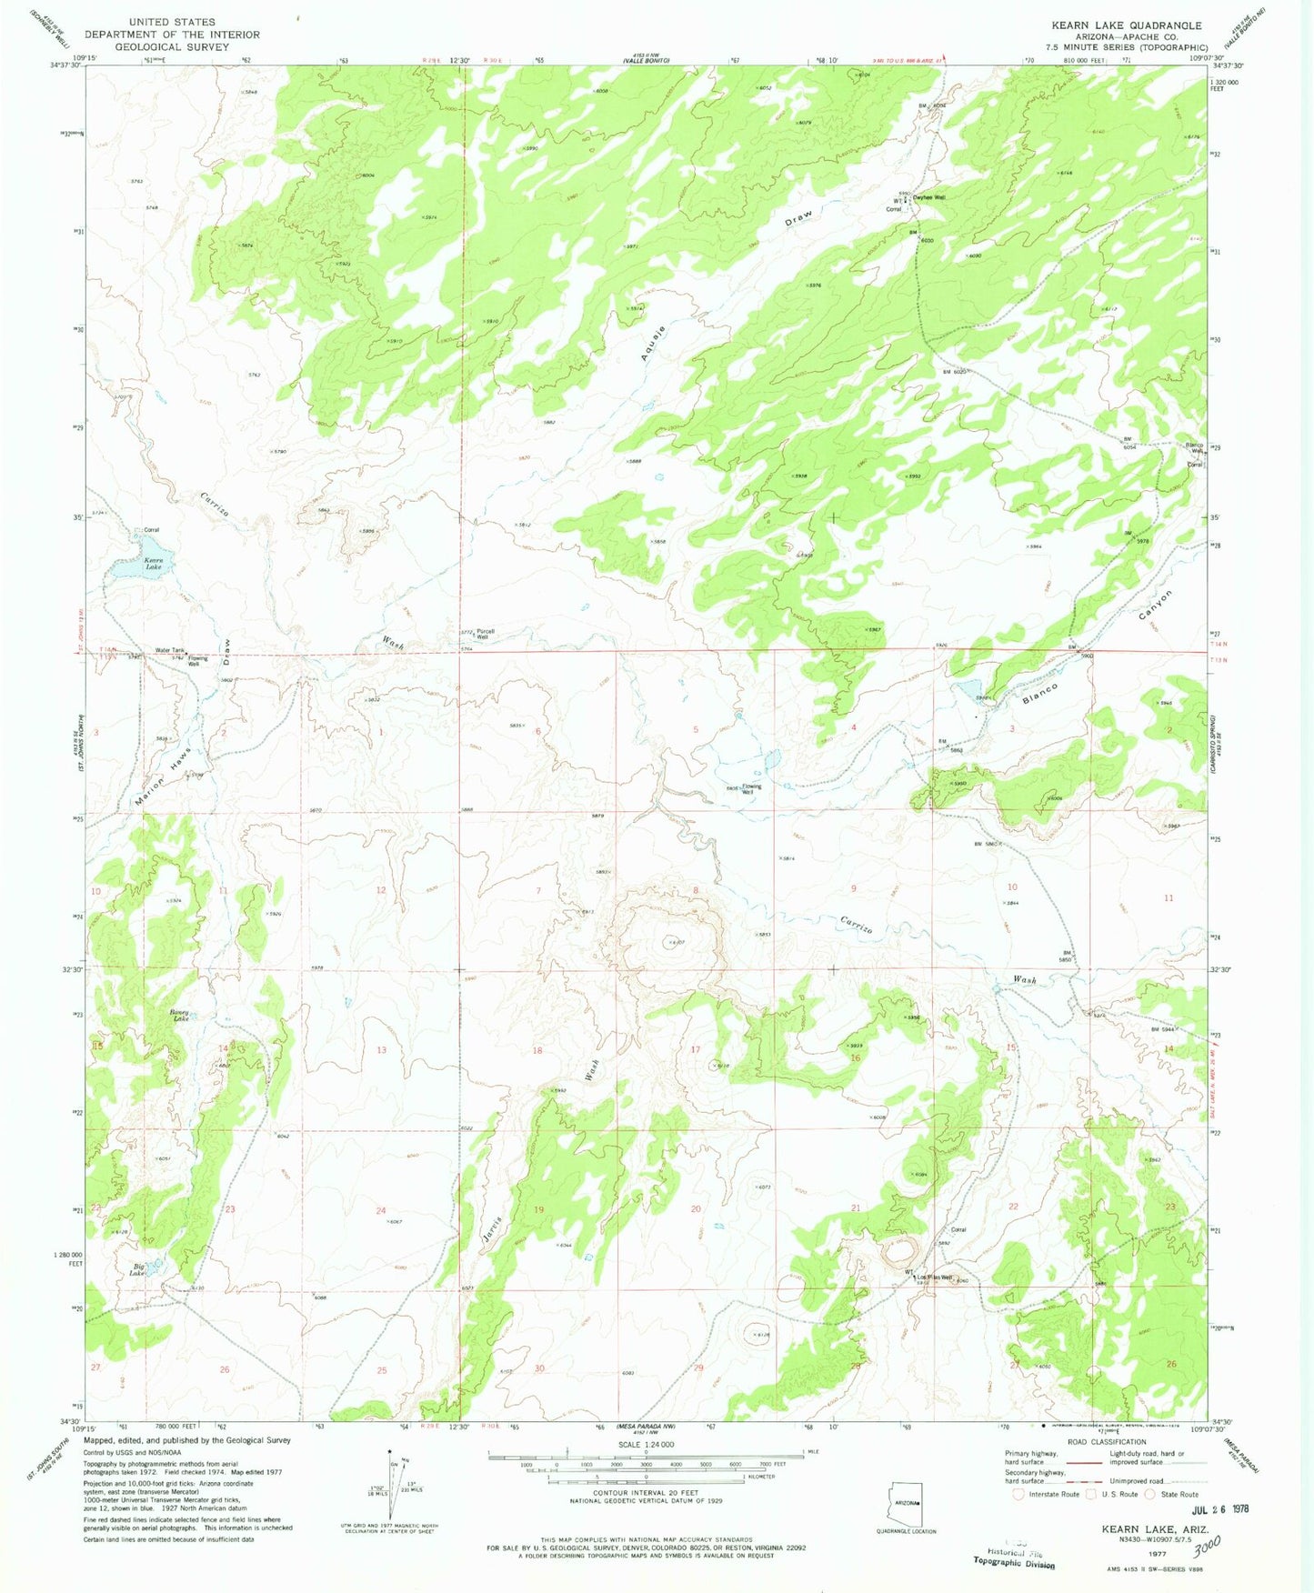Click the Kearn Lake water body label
tap(152, 564)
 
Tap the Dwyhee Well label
tap(929, 197)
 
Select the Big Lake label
tap(137, 1269)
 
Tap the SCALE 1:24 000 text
tap(646, 1445)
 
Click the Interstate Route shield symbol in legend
tap(1018, 1494)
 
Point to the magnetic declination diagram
tap(396, 1491)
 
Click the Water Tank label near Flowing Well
tap(170, 650)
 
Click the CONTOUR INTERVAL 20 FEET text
tap(646, 1493)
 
